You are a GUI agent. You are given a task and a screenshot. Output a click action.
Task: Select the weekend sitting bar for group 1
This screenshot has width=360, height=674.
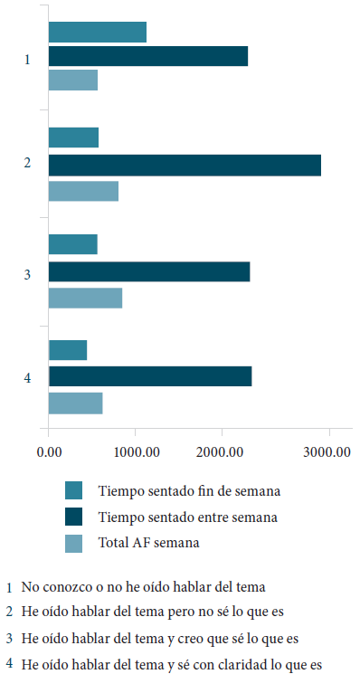[x=98, y=32]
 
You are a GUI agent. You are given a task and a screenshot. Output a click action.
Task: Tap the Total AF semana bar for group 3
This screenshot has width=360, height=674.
[x=85, y=298]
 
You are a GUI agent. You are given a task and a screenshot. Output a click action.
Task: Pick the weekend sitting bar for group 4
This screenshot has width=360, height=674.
[x=68, y=350]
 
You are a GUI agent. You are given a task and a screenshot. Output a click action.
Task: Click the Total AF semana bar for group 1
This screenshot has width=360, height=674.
[x=73, y=80]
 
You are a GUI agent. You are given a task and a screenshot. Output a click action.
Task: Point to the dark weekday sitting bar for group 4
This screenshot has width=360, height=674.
[x=150, y=376]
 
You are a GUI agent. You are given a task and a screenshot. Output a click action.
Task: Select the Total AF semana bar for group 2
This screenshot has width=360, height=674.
[x=83, y=191]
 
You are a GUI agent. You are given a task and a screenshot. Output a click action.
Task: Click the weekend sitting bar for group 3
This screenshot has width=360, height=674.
[x=73, y=244]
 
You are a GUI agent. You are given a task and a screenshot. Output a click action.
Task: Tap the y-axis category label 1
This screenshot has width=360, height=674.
[x=28, y=60]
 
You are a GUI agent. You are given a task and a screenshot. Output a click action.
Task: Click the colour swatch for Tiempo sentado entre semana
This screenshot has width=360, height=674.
[x=74, y=517]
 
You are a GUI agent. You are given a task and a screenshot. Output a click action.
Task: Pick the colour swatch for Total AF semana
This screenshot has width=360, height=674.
[x=74, y=543]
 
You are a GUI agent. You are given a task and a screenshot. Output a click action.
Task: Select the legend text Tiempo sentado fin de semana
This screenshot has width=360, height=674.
[x=188, y=491]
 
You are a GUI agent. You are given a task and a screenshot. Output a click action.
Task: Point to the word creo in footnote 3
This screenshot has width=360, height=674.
[x=170, y=638]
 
